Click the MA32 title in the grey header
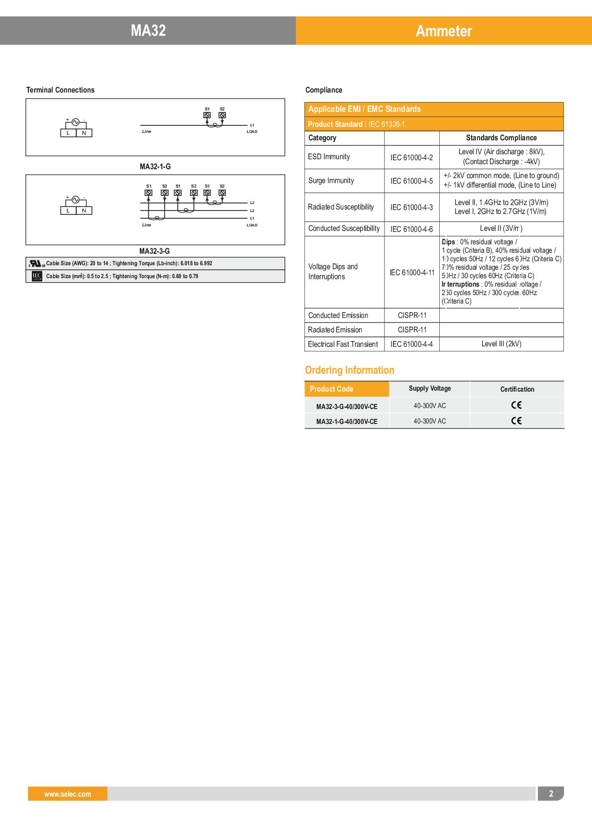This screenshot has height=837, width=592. (x=148, y=31)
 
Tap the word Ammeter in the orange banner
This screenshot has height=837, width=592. (x=444, y=31)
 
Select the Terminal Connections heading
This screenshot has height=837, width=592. (x=60, y=90)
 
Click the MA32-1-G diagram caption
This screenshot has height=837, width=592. (x=155, y=167)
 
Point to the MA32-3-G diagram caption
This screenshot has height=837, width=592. (x=154, y=251)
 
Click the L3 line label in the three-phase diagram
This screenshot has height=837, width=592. (x=252, y=203)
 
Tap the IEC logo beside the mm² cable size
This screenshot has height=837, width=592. (x=36, y=276)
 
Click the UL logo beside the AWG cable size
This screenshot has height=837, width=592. (x=36, y=263)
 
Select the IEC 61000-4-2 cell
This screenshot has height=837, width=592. (x=411, y=157)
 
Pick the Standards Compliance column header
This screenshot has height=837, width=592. (x=501, y=138)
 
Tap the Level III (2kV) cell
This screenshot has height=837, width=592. (x=501, y=344)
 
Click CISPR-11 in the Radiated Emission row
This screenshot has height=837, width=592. (x=412, y=330)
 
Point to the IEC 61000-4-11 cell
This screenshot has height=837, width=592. (x=412, y=273)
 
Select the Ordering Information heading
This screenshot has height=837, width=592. (x=349, y=370)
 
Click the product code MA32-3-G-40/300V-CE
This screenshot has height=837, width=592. (x=347, y=407)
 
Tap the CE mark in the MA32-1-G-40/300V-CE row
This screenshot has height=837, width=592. (x=516, y=421)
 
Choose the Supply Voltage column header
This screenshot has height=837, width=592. (x=429, y=389)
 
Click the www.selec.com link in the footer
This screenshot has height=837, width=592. (x=68, y=794)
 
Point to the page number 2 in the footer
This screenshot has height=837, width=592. (x=551, y=794)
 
